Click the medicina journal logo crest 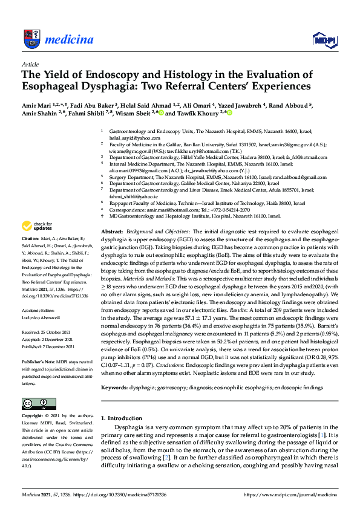(x=30, y=39)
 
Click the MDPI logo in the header (x=324, y=39)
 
